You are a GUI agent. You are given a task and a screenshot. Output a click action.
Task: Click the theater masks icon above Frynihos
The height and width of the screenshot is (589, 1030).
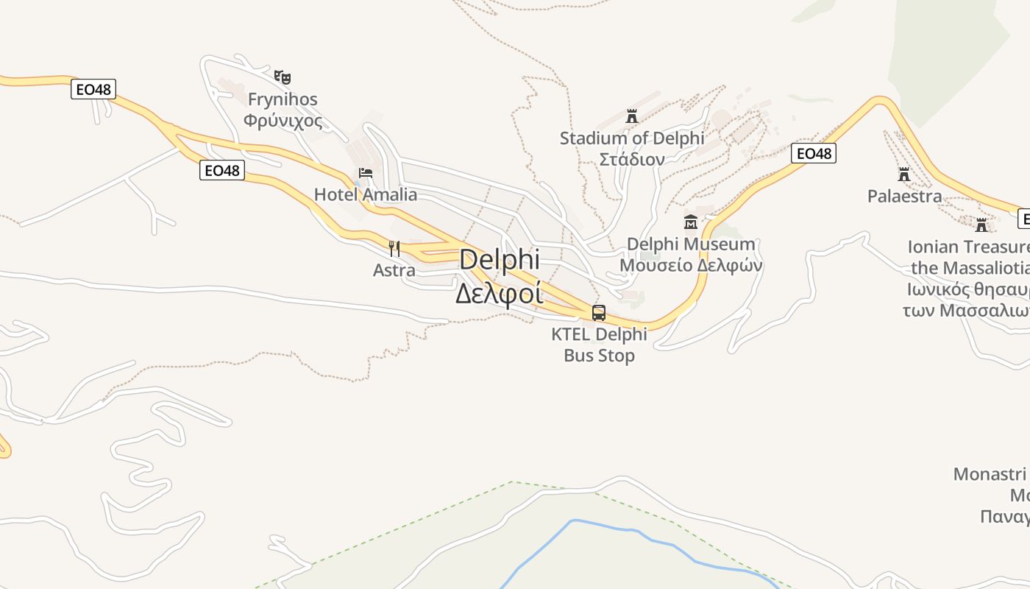point(283,77)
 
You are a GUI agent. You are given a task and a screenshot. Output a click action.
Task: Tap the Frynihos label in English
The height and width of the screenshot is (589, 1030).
point(283,99)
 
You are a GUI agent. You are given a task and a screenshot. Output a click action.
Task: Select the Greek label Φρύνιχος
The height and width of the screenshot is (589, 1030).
point(283,120)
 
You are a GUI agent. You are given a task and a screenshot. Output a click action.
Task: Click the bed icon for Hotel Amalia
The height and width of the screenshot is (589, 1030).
point(366,174)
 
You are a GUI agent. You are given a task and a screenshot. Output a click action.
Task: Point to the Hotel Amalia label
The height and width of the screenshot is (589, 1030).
point(366,195)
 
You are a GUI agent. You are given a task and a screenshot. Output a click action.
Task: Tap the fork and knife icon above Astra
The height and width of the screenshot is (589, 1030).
point(394,248)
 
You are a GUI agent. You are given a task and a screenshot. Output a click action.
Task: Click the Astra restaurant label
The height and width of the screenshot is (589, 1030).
point(394,270)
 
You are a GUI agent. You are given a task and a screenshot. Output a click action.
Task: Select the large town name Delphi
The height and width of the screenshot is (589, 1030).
point(500,260)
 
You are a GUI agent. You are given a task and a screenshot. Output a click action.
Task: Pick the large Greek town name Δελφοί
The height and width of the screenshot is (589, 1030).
point(500,293)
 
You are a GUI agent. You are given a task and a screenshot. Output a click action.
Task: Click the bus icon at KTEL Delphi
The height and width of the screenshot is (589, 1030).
point(599,313)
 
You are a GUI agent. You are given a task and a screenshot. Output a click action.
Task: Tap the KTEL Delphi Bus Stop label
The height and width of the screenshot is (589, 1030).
point(599,345)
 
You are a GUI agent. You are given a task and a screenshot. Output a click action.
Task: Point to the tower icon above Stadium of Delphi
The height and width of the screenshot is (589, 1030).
point(631,116)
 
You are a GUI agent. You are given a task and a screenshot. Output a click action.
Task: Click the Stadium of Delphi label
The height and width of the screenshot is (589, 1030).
point(631,138)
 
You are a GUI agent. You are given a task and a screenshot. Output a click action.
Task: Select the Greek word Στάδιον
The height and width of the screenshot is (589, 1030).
point(631,159)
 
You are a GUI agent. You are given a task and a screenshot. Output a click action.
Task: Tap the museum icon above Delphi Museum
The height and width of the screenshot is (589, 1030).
point(691,222)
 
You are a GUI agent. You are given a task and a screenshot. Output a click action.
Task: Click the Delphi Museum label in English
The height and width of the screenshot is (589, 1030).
point(691,244)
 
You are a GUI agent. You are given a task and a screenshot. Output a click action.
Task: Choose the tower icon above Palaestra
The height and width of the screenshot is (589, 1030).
point(904,174)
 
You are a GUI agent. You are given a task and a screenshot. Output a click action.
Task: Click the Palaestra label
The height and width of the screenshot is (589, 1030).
point(904,197)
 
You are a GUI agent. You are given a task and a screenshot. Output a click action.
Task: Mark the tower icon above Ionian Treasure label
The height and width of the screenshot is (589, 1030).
point(981,225)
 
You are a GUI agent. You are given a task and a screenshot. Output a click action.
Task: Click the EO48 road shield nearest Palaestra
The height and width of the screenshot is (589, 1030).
point(814,153)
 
